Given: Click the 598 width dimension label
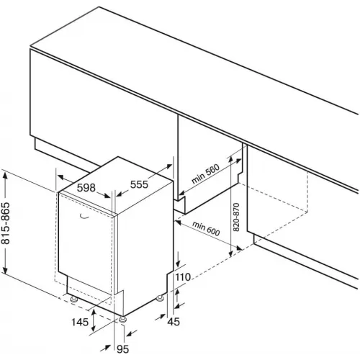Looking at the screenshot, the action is pyautogui.click(x=86, y=188).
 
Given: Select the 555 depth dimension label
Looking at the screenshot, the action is pyautogui.click(x=139, y=184).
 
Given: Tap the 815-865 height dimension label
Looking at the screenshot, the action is pyautogui.click(x=6, y=223).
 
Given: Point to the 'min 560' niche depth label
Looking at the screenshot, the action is pyautogui.click(x=205, y=174).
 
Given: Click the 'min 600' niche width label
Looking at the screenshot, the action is pyautogui.click(x=206, y=228).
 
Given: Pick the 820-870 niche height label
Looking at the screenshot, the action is pyautogui.click(x=236, y=217).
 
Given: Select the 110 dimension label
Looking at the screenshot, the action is pyautogui.click(x=183, y=277).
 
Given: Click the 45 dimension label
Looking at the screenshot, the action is pyautogui.click(x=174, y=322).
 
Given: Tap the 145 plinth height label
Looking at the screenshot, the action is pyautogui.click(x=80, y=322).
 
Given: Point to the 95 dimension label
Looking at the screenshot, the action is pyautogui.click(x=122, y=349).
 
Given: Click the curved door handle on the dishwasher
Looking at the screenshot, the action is pyautogui.click(x=84, y=217).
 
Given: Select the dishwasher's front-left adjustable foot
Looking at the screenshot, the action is pyautogui.click(x=74, y=299).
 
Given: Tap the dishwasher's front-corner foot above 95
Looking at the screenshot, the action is pyautogui.click(x=123, y=319).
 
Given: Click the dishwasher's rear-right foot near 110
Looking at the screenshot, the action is pyautogui.click(x=160, y=298).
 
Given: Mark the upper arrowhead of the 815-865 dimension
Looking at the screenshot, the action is pyautogui.click(x=5, y=176).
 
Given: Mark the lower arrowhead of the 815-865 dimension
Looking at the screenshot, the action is pyautogui.click(x=5, y=269).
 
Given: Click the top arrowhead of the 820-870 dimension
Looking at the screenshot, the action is pyautogui.click(x=230, y=159).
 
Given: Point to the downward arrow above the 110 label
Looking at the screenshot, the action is pyautogui.click(x=178, y=259).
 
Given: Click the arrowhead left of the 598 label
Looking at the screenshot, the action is pyautogui.click(x=61, y=177).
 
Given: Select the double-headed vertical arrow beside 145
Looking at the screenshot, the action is pyautogui.click(x=94, y=320).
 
